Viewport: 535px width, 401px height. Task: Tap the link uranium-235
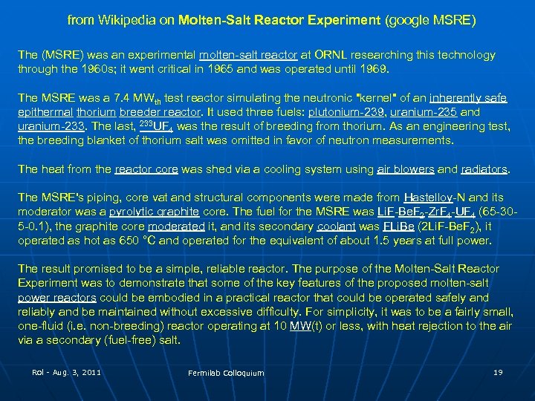point(415,112)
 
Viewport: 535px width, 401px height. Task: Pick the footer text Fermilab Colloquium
point(226,373)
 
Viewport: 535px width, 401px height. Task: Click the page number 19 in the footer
point(498,371)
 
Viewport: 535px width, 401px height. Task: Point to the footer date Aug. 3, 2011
point(74,371)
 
